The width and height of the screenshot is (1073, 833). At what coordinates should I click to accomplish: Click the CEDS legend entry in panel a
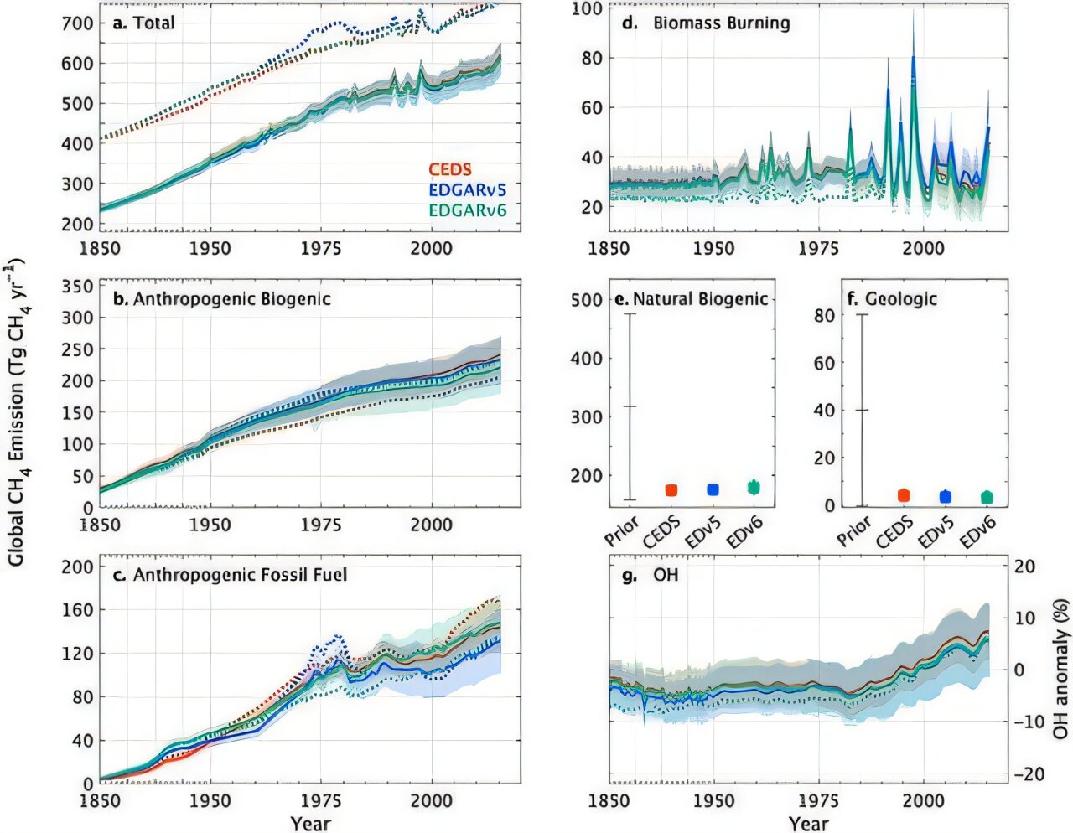click(450, 170)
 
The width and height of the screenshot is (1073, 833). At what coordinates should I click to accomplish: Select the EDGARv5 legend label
click(468, 190)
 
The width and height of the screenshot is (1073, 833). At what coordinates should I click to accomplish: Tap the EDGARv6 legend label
click(468, 210)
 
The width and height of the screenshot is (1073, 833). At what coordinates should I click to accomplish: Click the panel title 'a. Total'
click(143, 23)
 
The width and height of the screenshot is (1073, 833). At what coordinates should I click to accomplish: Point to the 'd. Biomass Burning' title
click(711, 23)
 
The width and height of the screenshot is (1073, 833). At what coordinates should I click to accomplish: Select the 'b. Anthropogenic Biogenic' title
click(222, 299)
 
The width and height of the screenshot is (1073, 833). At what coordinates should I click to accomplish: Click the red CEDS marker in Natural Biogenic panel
click(671, 490)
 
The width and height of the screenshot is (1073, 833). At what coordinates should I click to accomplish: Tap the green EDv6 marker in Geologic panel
click(987, 497)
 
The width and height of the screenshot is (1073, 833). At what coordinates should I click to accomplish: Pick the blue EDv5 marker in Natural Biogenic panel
click(713, 489)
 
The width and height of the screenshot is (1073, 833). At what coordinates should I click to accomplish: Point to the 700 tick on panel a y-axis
click(77, 23)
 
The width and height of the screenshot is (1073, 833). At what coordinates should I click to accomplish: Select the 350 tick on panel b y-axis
click(77, 287)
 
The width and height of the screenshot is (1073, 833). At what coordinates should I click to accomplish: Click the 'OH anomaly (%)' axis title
click(1060, 669)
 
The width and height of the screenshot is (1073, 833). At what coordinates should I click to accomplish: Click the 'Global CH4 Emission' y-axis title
click(16, 411)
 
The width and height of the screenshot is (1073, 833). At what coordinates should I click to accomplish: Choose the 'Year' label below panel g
click(808, 824)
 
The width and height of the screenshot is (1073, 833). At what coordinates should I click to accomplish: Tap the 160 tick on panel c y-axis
click(77, 610)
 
